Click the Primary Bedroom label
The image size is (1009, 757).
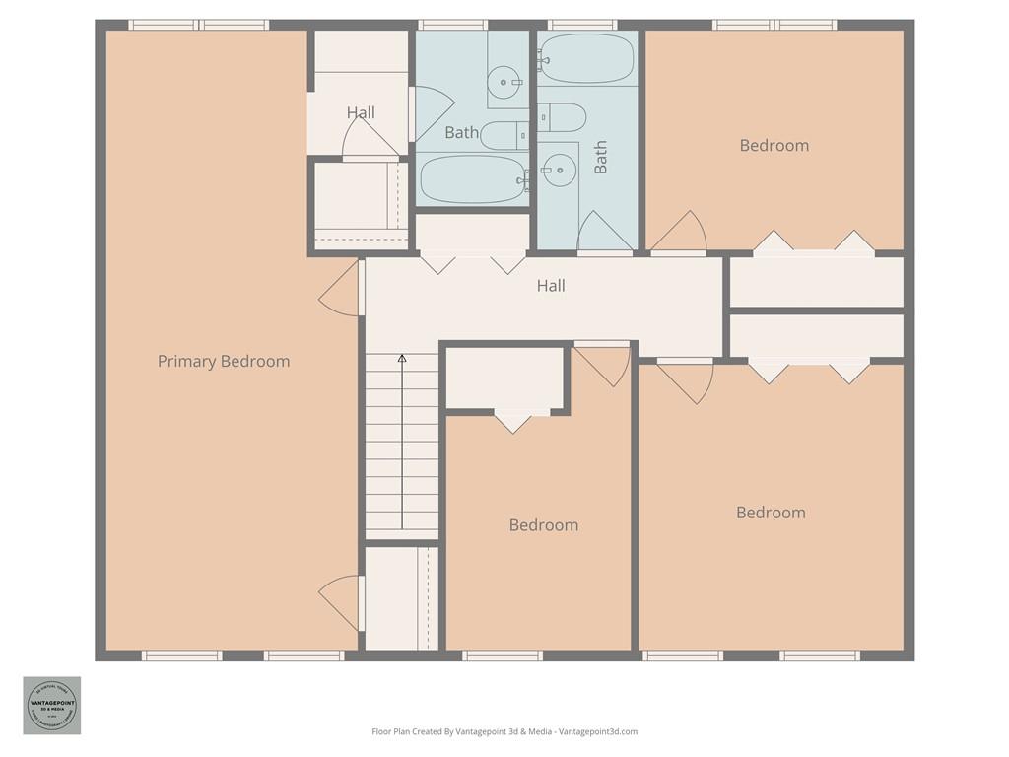(x=224, y=361)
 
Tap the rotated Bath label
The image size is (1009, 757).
(x=600, y=157)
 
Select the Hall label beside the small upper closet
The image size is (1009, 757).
(x=361, y=112)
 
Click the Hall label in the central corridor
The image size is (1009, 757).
(x=551, y=286)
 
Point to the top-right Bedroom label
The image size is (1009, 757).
(x=774, y=145)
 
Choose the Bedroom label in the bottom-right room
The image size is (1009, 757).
(x=771, y=513)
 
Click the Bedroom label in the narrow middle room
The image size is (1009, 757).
(x=543, y=525)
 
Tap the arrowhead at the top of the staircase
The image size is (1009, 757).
(x=402, y=359)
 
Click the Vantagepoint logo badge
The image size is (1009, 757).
(x=52, y=705)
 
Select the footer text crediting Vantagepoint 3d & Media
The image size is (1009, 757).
(x=504, y=731)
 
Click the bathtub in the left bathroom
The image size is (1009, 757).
(x=471, y=178)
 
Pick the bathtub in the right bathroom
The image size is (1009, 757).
(x=587, y=59)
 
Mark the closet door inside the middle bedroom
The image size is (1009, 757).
(x=512, y=421)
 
